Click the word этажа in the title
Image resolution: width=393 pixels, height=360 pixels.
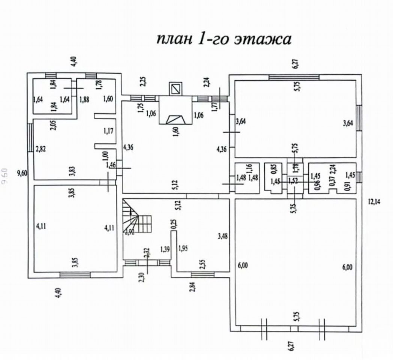(x=262, y=39)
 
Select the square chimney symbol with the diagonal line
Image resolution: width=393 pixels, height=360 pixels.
(x=175, y=89)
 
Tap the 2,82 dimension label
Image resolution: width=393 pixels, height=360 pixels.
(x=40, y=149)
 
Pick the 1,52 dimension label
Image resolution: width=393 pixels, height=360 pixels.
(x=294, y=181)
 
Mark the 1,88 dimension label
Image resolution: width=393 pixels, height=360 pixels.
(x=85, y=99)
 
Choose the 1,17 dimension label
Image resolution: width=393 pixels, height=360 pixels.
(x=108, y=131)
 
